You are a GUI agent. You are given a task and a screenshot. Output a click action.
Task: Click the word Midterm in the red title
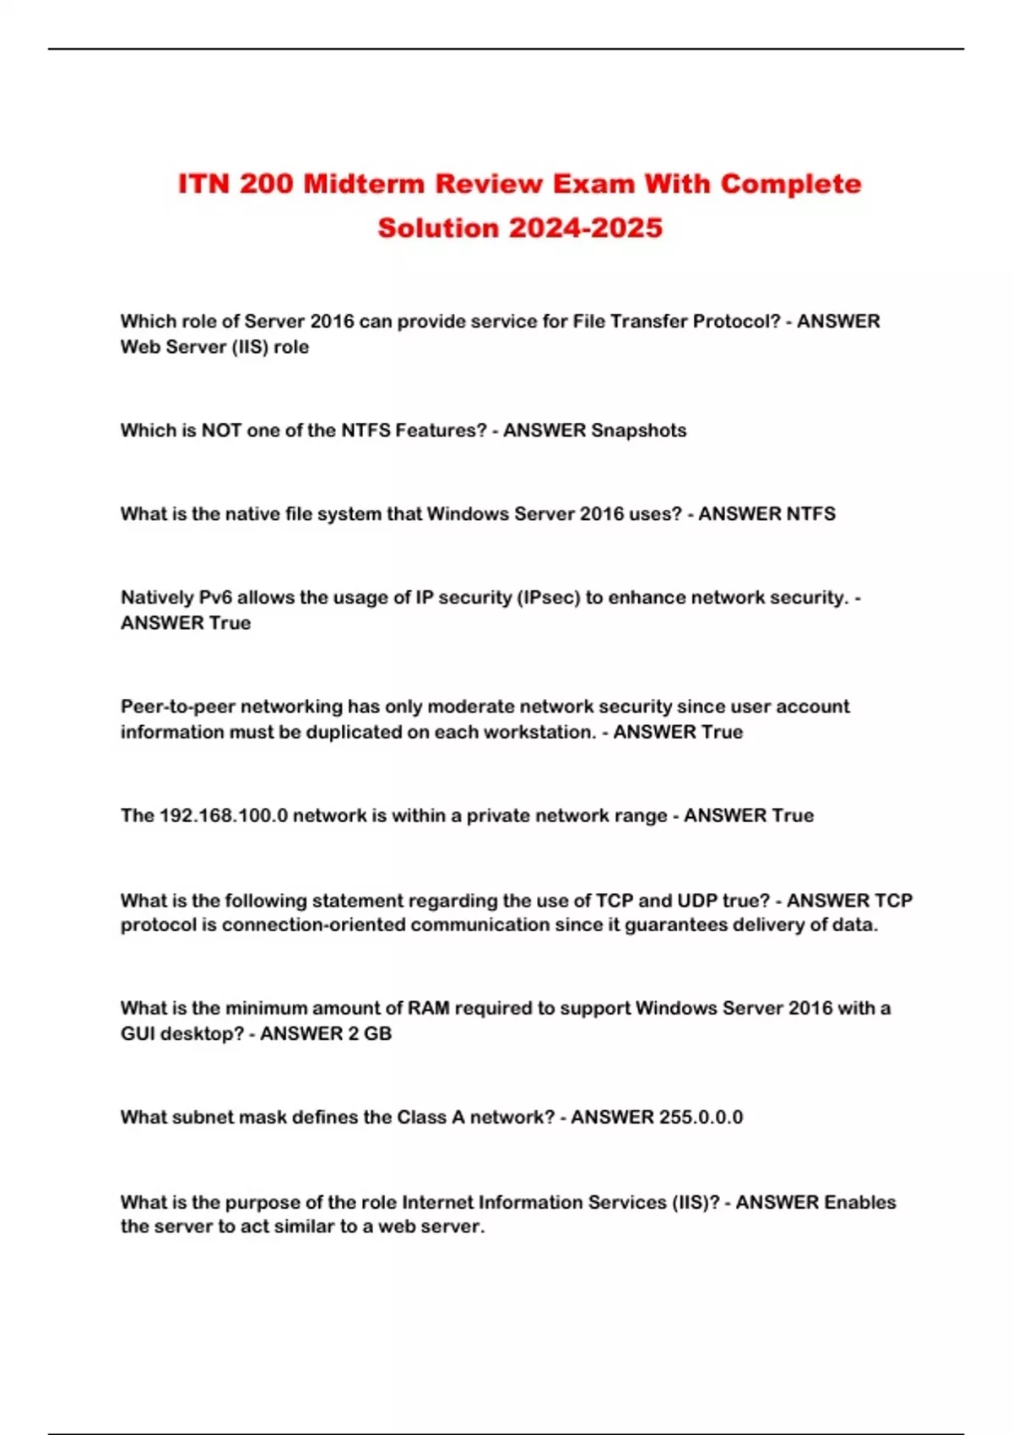[x=363, y=184]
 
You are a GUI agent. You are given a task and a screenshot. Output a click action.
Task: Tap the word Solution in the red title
[x=438, y=228]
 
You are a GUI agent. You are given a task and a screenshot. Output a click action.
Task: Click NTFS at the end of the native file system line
[x=810, y=514]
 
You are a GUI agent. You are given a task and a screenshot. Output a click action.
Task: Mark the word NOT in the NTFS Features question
[x=221, y=430]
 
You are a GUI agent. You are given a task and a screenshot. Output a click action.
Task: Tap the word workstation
[x=543, y=732]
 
